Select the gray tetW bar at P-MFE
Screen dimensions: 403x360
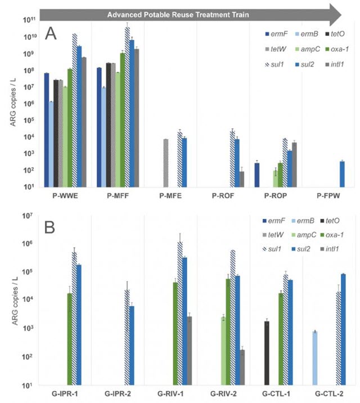point(166,163)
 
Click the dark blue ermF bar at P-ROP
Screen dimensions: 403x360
point(257,174)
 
